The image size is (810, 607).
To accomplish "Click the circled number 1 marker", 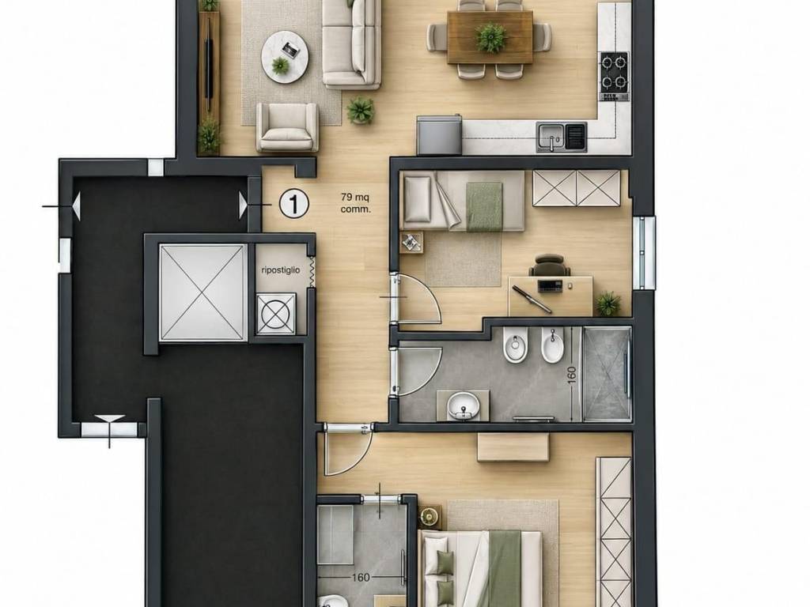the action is coord(294,203).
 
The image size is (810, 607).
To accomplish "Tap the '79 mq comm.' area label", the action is coord(355,203).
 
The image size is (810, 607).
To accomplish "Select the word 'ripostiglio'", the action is coord(281,270).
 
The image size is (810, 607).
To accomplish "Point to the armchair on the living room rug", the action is coord(287,127).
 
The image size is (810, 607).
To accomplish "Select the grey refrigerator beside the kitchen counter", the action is coord(439,134).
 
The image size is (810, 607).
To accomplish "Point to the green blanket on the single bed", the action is coord(484,206).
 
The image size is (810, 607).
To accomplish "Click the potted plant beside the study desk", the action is coord(608,303).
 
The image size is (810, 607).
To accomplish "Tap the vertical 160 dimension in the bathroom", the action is coord(571,375).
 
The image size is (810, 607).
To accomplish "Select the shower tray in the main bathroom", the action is coord(607,374).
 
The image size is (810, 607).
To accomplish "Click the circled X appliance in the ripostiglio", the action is coord(277,313).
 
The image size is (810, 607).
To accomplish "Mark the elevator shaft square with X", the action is coord(202,292).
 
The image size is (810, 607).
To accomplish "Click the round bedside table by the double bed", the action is coord(430,515).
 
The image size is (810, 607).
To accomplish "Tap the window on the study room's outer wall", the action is coord(645,253).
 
